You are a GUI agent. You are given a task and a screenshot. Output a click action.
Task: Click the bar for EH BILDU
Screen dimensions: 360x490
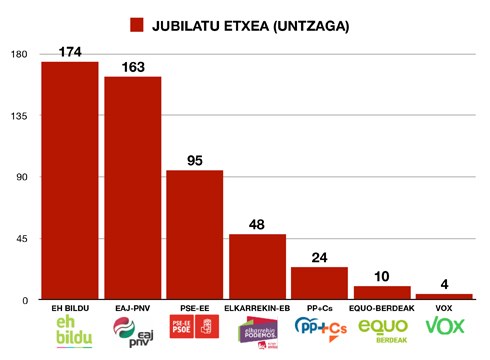point(69,180)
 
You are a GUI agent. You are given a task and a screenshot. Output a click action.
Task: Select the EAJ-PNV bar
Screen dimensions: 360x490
point(132,188)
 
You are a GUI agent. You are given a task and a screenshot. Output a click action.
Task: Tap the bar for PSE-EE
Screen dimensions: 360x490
point(194,235)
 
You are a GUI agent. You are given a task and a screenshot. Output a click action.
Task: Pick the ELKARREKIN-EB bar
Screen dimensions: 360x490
point(257,267)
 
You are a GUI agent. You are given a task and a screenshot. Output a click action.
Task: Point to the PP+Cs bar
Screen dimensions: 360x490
point(319,283)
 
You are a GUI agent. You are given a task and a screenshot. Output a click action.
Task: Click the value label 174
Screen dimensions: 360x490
point(69,51)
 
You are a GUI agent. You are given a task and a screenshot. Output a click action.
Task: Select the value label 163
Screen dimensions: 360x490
point(132,66)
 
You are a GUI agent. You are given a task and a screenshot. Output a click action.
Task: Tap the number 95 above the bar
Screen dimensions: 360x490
point(194,160)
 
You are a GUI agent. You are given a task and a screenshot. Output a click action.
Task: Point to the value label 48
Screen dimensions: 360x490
point(257,224)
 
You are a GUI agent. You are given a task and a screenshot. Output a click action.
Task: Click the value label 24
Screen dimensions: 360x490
point(319,257)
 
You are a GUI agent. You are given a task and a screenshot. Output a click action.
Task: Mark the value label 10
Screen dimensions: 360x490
point(382,276)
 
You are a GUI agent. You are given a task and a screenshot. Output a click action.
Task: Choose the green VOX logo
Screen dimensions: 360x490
point(444,327)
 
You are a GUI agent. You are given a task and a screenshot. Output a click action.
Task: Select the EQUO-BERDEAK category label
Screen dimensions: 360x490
point(382,308)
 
